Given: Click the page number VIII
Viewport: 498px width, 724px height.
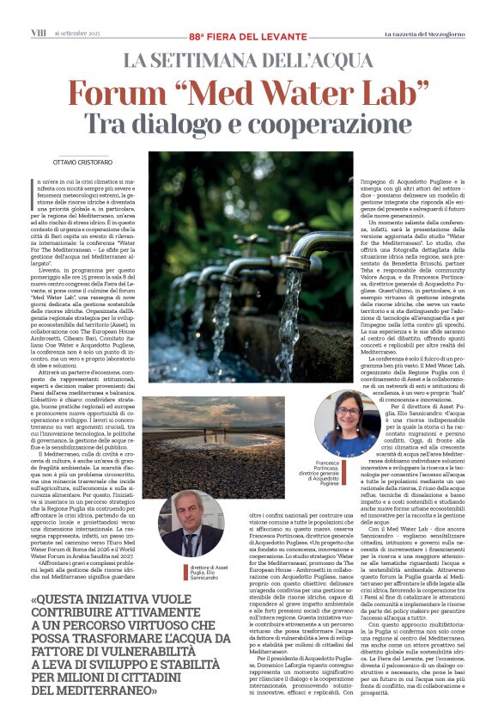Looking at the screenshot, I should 39,32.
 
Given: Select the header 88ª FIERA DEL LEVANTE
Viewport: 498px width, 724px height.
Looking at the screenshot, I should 248,34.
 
